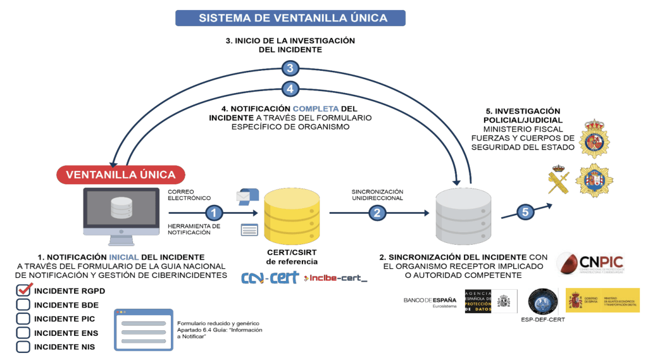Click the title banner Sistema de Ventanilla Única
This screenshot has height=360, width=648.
tap(292, 18)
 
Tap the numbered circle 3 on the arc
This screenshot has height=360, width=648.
tap(290, 68)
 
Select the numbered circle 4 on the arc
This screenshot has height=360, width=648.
tap(290, 89)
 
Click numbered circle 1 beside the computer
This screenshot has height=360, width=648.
tap(216, 213)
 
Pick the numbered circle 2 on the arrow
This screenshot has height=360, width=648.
tap(378, 213)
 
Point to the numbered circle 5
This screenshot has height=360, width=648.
tap(525, 213)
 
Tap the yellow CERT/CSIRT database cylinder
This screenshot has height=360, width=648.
tap(292, 218)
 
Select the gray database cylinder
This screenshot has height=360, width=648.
tap(464, 218)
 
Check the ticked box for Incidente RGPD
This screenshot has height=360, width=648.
tap(23, 290)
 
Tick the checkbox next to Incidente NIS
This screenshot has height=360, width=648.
tap(23, 347)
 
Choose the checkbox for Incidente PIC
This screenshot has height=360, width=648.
tap(23, 318)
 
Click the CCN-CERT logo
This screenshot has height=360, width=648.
tap(270, 278)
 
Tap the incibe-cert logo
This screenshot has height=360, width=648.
tap(335, 278)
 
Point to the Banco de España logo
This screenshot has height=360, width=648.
tap(430, 301)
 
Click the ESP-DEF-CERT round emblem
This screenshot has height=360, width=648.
tap(542, 301)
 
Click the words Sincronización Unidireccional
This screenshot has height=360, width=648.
tap(377, 195)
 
